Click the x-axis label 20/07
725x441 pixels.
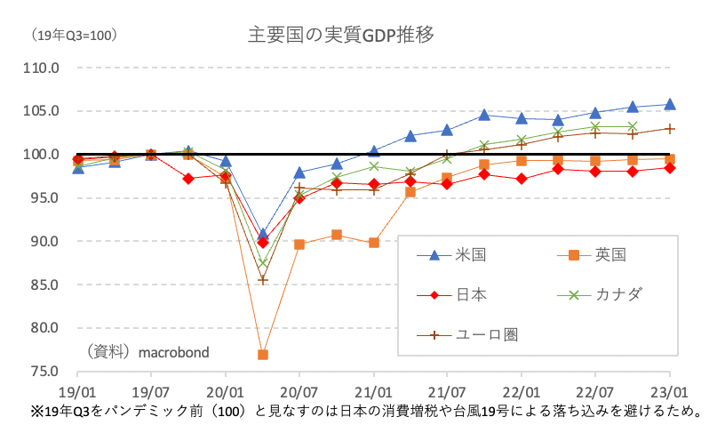[x=299, y=390]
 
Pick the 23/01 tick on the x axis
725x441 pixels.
[x=669, y=390]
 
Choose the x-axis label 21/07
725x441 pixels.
[x=447, y=390]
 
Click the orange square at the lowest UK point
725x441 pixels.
[x=263, y=355]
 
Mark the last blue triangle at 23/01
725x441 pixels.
[x=669, y=104]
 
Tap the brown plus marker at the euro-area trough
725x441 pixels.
[x=263, y=280]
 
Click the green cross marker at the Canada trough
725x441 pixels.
[x=263, y=262]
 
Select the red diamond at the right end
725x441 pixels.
[x=669, y=168]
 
